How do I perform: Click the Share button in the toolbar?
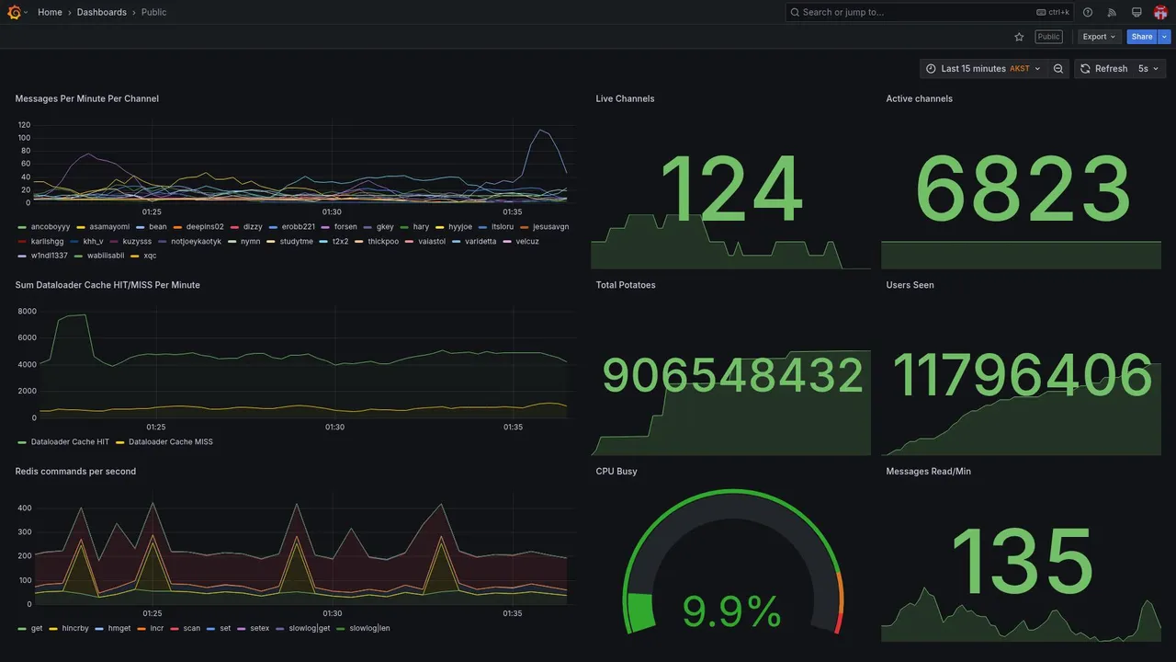[x=1142, y=37]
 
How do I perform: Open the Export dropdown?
[x=1099, y=37]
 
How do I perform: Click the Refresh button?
[x=1103, y=69]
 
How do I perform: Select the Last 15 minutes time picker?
[x=983, y=69]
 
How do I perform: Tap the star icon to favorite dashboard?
[x=1019, y=37]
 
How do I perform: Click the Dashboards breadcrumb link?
[x=102, y=12]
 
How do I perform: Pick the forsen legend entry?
[x=345, y=227]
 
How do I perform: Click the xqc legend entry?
[x=150, y=256]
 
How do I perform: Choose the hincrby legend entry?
[x=73, y=629]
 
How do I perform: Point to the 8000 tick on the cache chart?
[x=27, y=312]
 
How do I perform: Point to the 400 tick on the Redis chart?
[x=25, y=508]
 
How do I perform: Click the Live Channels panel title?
[x=625, y=98]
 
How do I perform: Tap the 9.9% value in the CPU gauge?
[x=731, y=611]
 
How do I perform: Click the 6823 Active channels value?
[x=1023, y=190]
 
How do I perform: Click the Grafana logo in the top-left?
[x=14, y=12]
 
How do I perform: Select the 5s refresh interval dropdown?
[x=1148, y=69]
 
